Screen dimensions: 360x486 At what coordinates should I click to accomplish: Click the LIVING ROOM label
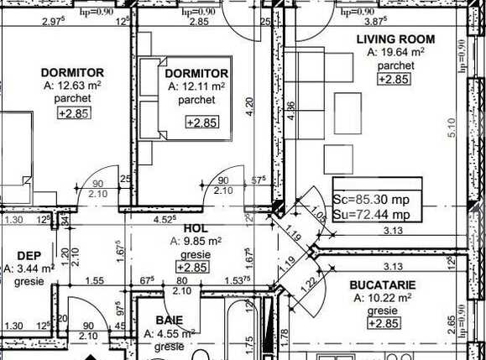[x=395, y=39]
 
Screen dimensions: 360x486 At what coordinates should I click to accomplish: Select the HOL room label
[x=195, y=227]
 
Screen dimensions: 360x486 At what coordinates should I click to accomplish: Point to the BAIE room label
[x=170, y=320]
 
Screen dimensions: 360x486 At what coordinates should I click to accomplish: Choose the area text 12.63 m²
[x=71, y=86]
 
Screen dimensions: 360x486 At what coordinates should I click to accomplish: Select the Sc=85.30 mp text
[x=372, y=201]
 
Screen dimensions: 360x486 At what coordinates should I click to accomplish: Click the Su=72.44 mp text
[x=372, y=214]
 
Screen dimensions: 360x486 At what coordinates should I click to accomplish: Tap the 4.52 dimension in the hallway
[x=164, y=221]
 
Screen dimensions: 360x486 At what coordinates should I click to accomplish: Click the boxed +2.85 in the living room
[x=394, y=79]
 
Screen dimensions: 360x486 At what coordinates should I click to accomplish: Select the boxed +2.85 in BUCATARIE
[x=382, y=324]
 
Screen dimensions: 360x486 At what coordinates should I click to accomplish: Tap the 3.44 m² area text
[x=31, y=269]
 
